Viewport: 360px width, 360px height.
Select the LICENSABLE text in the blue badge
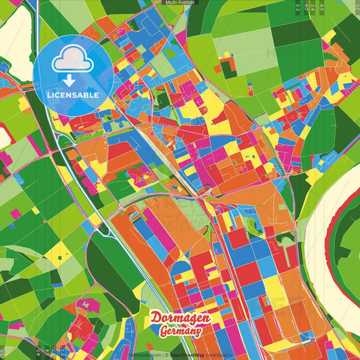coord(73,95)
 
